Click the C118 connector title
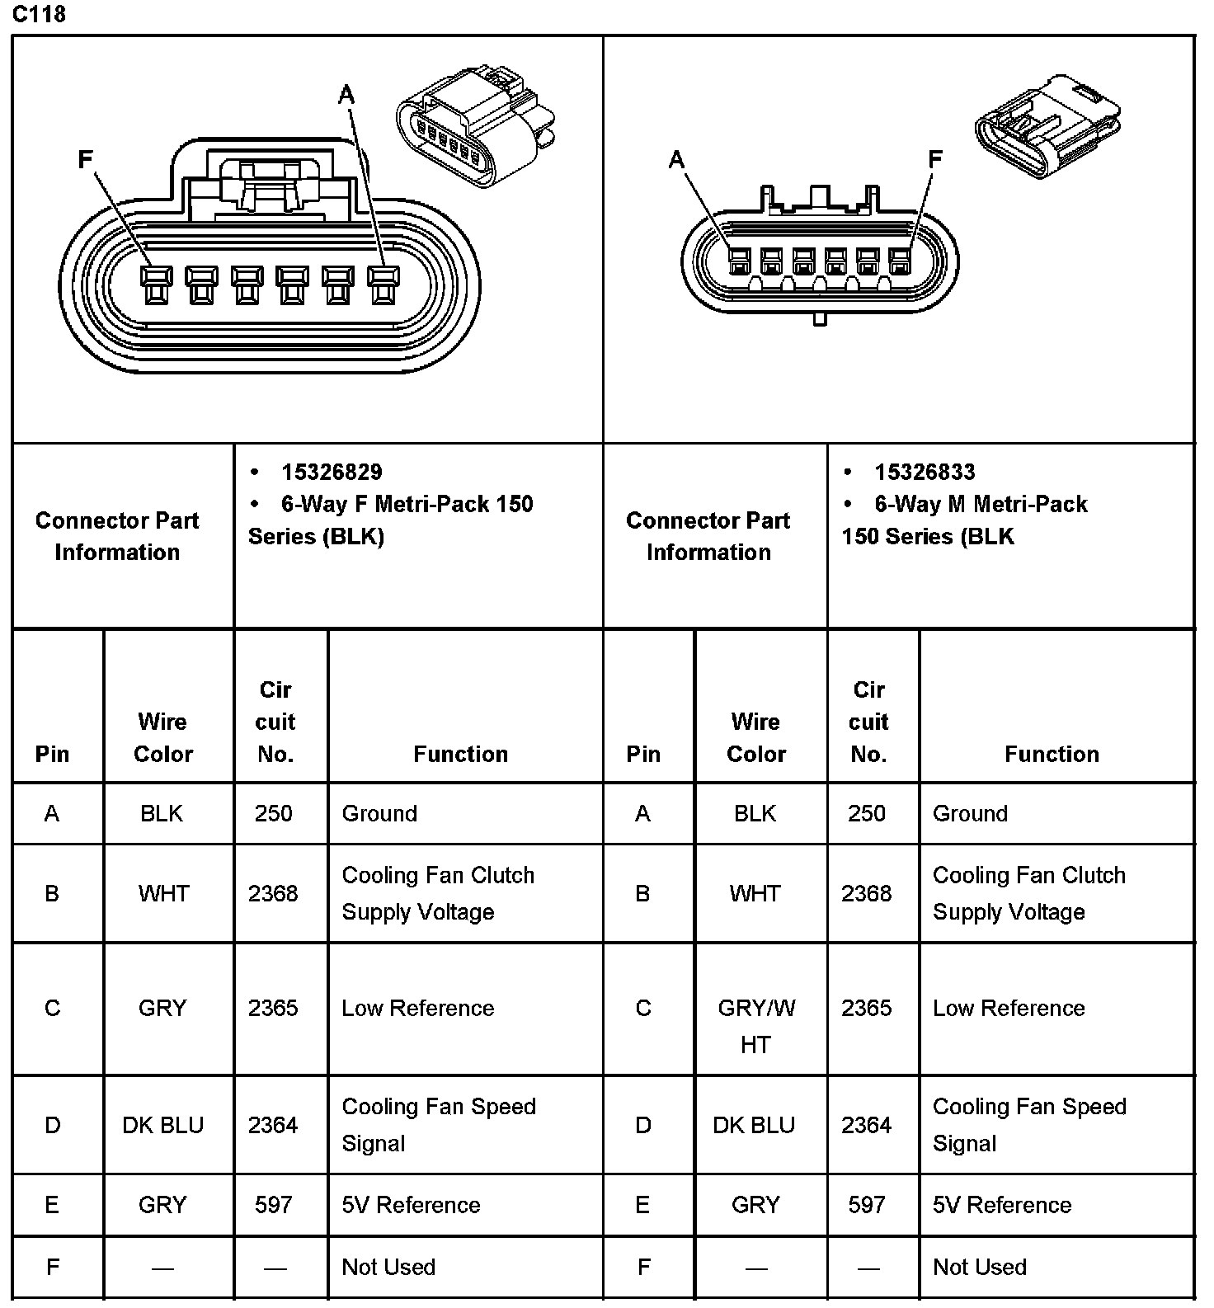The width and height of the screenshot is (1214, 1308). pyautogui.click(x=39, y=14)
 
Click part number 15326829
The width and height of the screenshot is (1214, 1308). pyautogui.click(x=332, y=473)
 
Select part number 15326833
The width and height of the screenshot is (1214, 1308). pyautogui.click(x=925, y=473)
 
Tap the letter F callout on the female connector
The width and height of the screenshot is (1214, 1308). pyautogui.click(x=85, y=159)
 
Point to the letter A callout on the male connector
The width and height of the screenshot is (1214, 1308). pyautogui.click(x=676, y=159)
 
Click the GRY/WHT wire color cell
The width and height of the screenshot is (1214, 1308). pyautogui.click(x=756, y=1025)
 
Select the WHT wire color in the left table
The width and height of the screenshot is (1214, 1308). pyautogui.click(x=163, y=893)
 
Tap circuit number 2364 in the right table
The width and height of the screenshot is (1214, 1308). pyautogui.click(x=866, y=1125)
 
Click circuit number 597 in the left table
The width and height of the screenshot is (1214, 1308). pyautogui.click(x=273, y=1205)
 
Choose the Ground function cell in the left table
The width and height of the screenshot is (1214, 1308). pyautogui.click(x=379, y=814)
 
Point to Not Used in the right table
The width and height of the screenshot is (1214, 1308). pyautogui.click(x=979, y=1268)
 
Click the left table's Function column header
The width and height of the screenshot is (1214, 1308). pyautogui.click(x=460, y=754)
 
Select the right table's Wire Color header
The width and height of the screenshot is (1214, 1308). pyautogui.click(x=755, y=737)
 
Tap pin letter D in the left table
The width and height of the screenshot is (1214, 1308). pyautogui.click(x=52, y=1125)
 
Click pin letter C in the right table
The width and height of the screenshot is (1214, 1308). pyautogui.click(x=643, y=1009)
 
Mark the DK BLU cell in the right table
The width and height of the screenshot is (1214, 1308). pyautogui.click(x=754, y=1125)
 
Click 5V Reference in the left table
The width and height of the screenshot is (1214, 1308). pyautogui.click(x=411, y=1205)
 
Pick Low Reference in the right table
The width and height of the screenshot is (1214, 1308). pyautogui.click(x=1009, y=1009)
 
